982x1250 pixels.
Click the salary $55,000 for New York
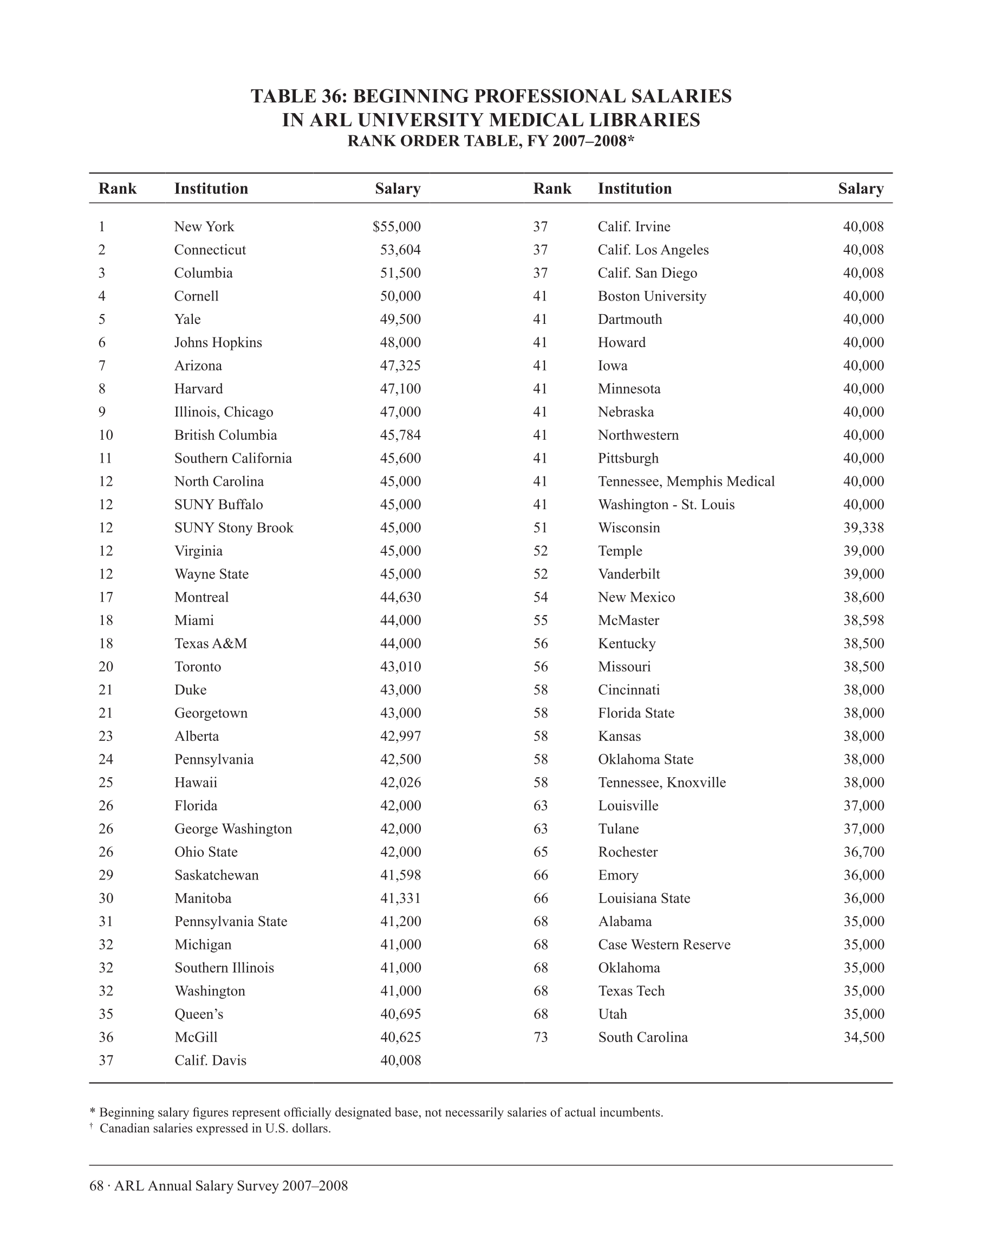[396, 226]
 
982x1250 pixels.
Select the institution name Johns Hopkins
[218, 343]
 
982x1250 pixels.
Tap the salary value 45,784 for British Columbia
[400, 435]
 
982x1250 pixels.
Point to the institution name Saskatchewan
[216, 875]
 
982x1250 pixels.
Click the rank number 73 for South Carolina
[541, 1037]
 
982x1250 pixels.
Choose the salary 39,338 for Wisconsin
[863, 528]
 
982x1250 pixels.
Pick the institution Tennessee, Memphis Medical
[686, 481]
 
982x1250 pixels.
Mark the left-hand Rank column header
[118, 188]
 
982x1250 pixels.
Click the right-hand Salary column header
[860, 188]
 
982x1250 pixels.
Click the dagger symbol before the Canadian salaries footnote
[92, 1125]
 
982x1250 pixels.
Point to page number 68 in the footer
[96, 1186]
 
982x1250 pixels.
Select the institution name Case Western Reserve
[664, 945]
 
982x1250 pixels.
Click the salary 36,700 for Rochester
[863, 852]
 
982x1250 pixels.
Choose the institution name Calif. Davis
[210, 1060]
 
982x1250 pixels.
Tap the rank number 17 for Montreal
[106, 597]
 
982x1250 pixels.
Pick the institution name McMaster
[628, 621]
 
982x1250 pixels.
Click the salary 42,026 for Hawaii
[400, 783]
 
